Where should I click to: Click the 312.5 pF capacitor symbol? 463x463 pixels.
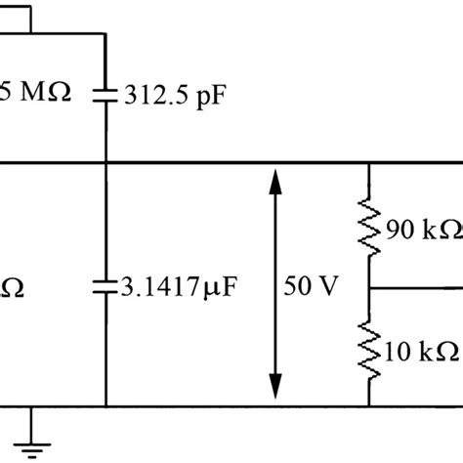click(104, 95)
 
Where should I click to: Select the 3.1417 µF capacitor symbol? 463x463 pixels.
click(104, 286)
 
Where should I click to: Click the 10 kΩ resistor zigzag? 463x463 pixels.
click(368, 350)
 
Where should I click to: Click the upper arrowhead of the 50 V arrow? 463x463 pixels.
click(276, 181)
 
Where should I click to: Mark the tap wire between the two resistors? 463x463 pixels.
click(415, 288)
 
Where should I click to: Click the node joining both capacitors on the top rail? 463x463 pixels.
click(104, 163)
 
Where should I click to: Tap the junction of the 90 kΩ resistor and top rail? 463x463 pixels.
click(368, 163)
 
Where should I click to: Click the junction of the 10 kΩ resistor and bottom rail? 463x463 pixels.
click(368, 406)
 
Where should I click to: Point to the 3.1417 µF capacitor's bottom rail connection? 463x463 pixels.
click(104, 406)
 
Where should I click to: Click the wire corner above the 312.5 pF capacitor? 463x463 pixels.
click(104, 32)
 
